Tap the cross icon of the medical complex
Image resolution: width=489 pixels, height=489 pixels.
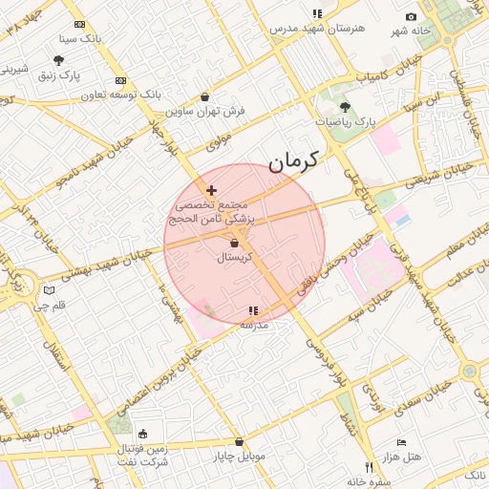(x=211, y=191)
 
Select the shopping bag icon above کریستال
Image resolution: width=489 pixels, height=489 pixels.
(x=234, y=244)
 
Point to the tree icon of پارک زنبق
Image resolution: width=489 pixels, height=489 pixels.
(x=59, y=59)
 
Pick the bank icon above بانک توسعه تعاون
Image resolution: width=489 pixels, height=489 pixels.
(x=119, y=81)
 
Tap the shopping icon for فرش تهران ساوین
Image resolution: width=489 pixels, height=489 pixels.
(x=206, y=96)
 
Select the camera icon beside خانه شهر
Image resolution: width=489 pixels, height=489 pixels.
(x=411, y=17)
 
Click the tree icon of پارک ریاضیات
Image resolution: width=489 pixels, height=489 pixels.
(x=345, y=108)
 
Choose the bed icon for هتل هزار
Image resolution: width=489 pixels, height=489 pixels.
(x=401, y=443)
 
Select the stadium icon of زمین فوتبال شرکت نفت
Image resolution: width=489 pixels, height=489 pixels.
(x=143, y=434)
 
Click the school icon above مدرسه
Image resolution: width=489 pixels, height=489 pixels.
(x=253, y=310)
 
